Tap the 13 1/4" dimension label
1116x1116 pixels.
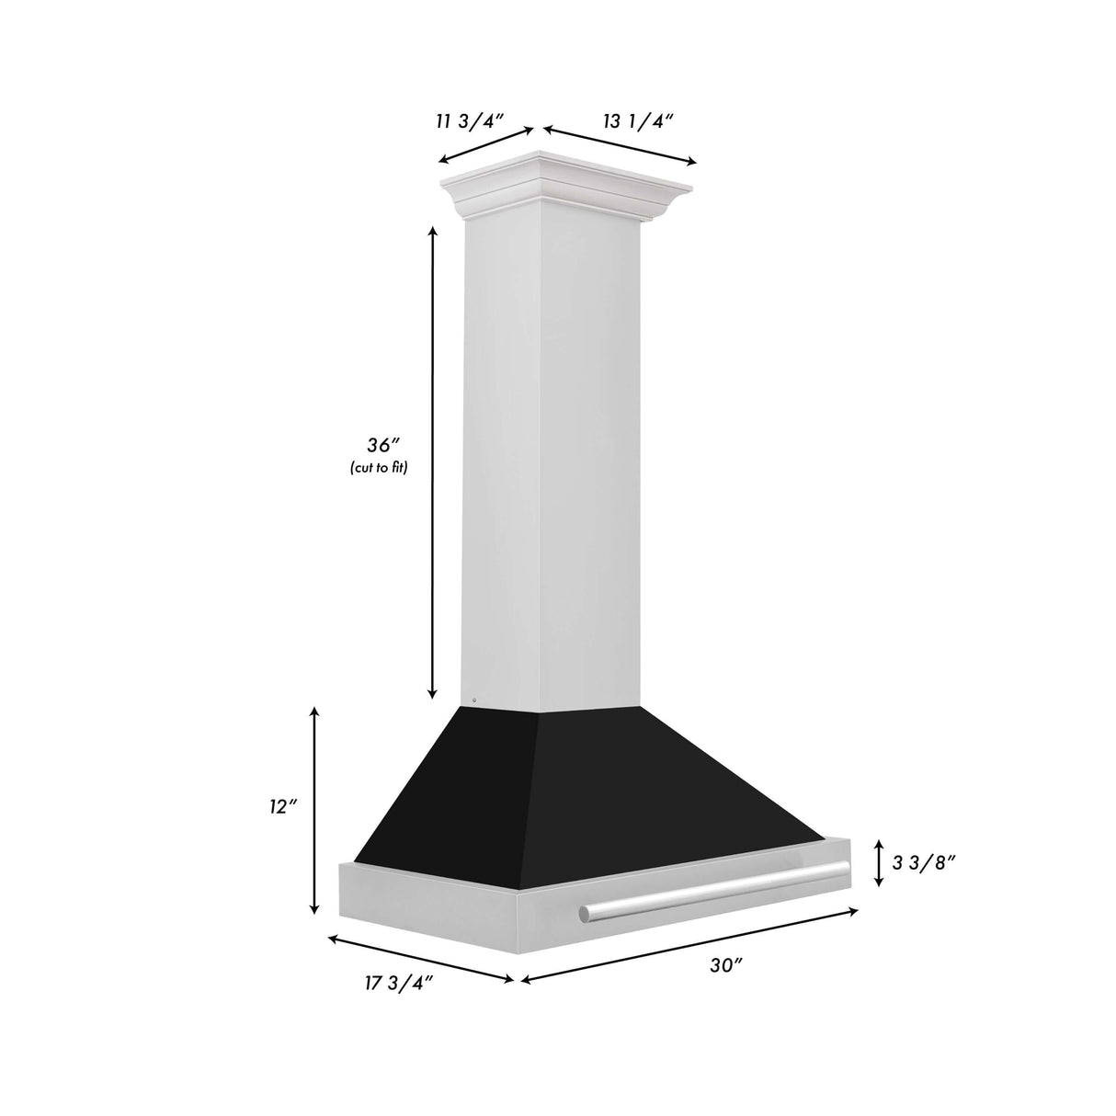click(639, 120)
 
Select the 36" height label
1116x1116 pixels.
click(380, 446)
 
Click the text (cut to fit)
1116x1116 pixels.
click(378, 468)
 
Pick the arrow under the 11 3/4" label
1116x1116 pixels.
click(485, 145)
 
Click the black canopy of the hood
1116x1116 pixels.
click(588, 791)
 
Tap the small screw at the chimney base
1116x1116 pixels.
click(473, 701)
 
